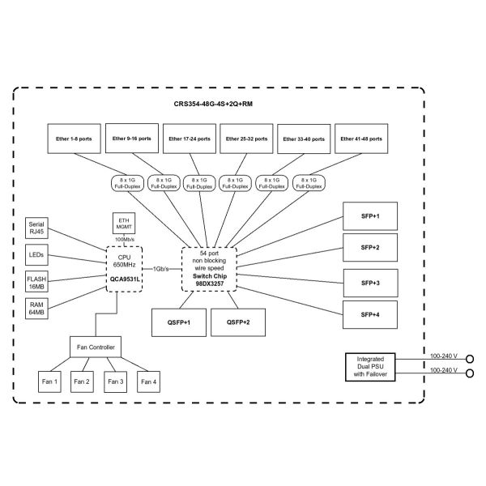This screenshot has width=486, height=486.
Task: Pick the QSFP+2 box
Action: [237, 322]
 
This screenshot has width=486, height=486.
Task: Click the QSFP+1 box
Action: [178, 322]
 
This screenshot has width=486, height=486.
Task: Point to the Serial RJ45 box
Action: [36, 228]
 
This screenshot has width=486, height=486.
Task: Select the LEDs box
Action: [36, 255]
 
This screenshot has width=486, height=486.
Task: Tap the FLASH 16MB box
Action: [36, 282]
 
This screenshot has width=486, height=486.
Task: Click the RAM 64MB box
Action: [36, 309]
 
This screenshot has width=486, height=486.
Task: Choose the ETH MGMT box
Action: [124, 223]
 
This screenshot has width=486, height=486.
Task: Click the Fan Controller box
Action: [96, 348]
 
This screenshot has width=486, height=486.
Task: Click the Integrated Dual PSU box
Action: [376, 367]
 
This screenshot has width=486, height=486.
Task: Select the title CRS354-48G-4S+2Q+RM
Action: [220, 104]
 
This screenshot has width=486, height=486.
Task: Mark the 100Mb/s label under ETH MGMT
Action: [124, 241]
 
